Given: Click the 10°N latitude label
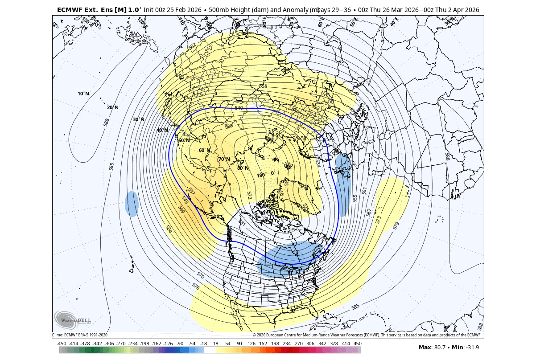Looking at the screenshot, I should coord(83,94).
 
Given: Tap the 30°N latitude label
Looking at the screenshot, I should coord(139,119).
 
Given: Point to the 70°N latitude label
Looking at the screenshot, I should coord(224,159).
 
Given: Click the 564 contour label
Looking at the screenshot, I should coord(169,229).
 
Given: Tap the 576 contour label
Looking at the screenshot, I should coord(195,286).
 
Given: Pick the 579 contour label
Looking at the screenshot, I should coord(396,225).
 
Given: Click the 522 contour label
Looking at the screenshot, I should coord(249,196).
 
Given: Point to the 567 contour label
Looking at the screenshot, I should coord(369,213).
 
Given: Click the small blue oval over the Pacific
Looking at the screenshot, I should coord(132,204).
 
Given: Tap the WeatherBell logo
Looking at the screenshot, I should coord(72,319).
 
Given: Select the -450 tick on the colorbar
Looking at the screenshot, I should coord(62,344).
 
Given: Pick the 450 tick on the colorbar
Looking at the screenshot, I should coord(357,344).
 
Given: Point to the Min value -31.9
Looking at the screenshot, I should coord(473,348).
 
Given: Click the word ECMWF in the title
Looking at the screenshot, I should coord(70,9).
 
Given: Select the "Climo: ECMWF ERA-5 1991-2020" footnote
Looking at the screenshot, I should coord(80,335).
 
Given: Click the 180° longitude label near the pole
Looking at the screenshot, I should coord(261,175).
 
